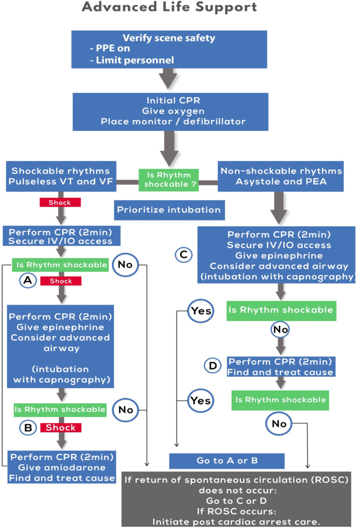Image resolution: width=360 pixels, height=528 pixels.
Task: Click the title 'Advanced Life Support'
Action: pyautogui.click(x=170, y=8)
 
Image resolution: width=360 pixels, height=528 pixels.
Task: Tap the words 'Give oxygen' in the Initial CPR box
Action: pyautogui.click(x=169, y=111)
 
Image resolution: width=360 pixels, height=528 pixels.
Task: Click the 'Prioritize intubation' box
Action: pyautogui.click(x=169, y=210)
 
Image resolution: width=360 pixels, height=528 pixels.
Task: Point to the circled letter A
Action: pyautogui.click(x=28, y=281)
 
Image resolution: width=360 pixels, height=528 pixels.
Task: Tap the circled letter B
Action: pyautogui.click(x=28, y=428)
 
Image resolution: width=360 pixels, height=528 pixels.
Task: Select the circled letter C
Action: pyautogui.click(x=182, y=255)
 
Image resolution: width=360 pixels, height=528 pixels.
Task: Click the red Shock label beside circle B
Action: pyautogui.click(x=60, y=428)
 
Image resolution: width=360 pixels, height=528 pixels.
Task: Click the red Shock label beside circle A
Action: pyautogui.click(x=60, y=281)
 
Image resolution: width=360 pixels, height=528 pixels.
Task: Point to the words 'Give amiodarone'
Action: pyautogui.click(x=63, y=467)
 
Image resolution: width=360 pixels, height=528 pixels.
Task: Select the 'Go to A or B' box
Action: pyautogui.click(x=227, y=461)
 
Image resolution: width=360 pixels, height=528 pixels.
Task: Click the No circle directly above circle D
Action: pyautogui.click(x=280, y=330)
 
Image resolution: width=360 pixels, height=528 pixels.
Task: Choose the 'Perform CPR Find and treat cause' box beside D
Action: pyautogui.click(x=281, y=367)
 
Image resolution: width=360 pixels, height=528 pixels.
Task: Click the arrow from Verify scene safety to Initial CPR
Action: pyautogui.click(x=169, y=79)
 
